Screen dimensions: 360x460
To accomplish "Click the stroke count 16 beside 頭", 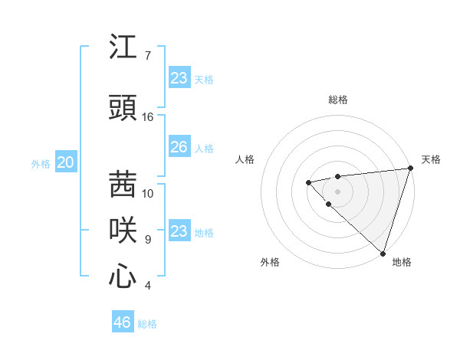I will [148, 117].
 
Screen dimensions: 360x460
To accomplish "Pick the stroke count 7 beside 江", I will [148, 56].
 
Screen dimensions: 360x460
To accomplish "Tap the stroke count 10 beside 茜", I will [148, 193].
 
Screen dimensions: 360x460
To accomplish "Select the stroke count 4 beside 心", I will [148, 286].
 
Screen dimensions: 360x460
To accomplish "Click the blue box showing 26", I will [179, 147].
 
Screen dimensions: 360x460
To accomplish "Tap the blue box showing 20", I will [66, 162].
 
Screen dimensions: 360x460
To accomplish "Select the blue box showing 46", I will [123, 322].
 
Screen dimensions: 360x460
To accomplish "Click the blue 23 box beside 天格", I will [179, 78].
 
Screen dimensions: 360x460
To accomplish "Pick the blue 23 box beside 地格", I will [179, 231].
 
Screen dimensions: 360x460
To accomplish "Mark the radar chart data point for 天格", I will [410, 169].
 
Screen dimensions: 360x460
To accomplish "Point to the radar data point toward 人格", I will [308, 182].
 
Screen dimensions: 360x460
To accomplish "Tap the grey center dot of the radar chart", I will [337, 191].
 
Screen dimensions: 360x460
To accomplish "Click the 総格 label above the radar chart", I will [338, 100].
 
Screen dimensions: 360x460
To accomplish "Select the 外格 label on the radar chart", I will [270, 262].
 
